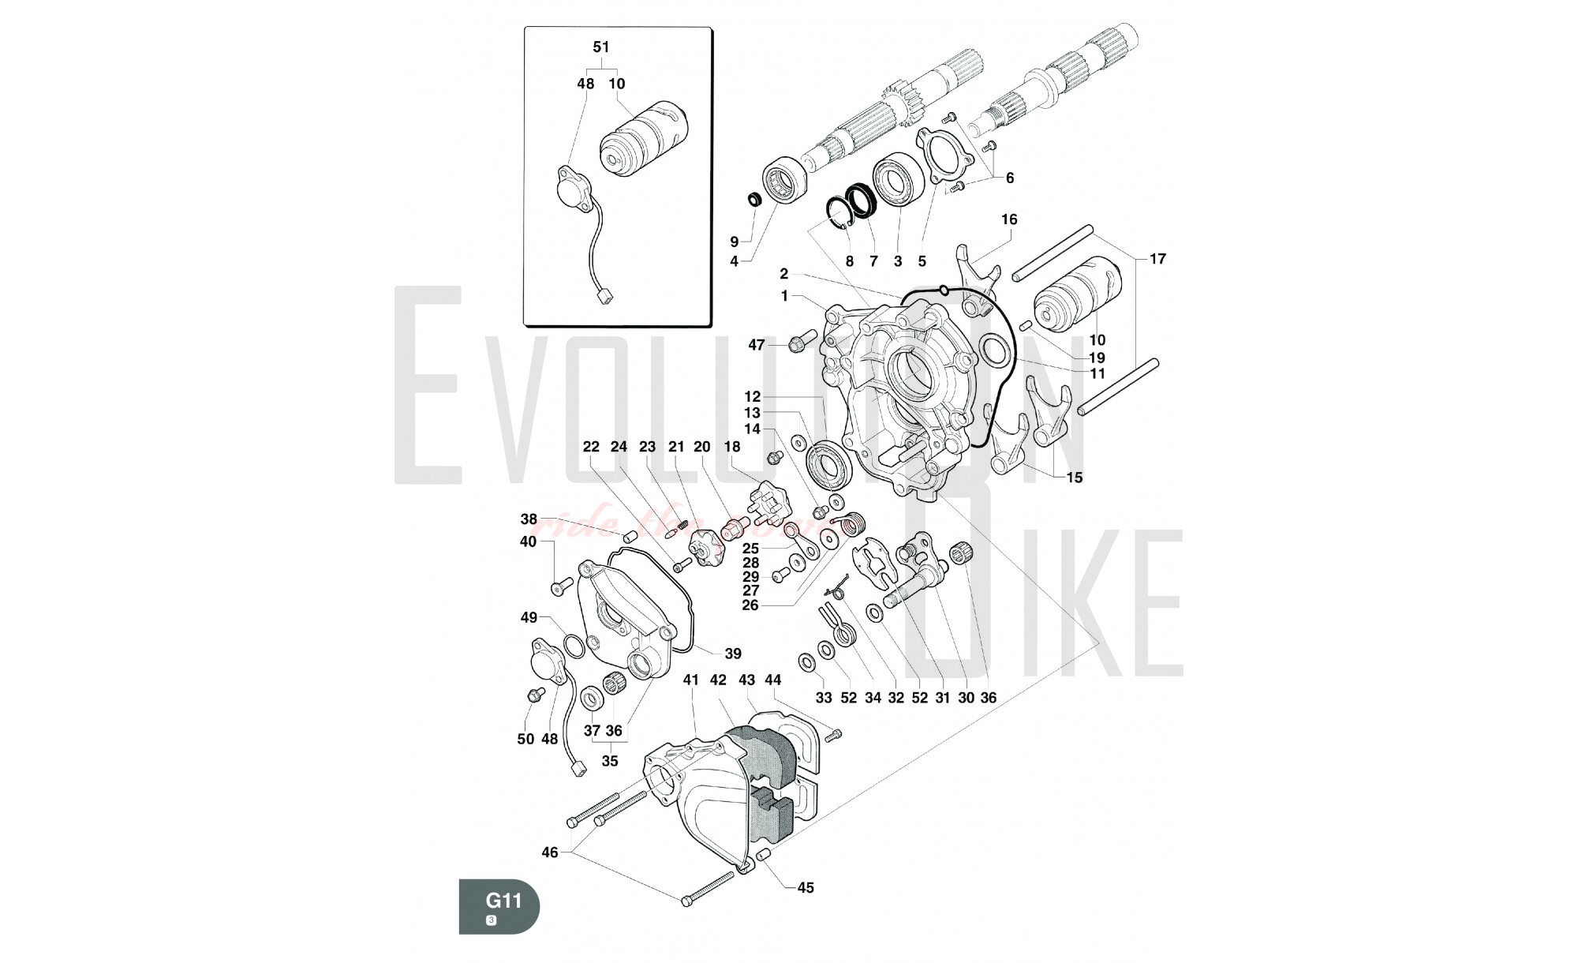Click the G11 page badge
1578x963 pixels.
coord(499,905)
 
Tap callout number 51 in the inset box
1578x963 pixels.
coord(601,47)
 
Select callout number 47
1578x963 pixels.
coord(757,345)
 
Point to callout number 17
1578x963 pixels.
coord(1157,259)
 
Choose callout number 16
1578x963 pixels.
coord(1010,219)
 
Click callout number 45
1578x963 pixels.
coord(805,888)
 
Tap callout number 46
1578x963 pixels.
coord(550,852)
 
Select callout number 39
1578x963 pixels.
coord(733,654)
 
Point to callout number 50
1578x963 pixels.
coord(525,740)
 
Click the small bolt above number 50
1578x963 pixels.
coord(540,694)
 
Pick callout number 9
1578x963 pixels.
coord(734,242)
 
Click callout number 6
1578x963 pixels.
coord(1010,178)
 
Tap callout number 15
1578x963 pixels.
coord(1075,478)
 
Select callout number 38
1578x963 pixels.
coord(529,519)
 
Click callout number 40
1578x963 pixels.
coord(528,541)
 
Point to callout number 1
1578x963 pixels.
coord(784,296)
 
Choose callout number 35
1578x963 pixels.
coord(610,762)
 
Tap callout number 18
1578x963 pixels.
coord(732,447)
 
